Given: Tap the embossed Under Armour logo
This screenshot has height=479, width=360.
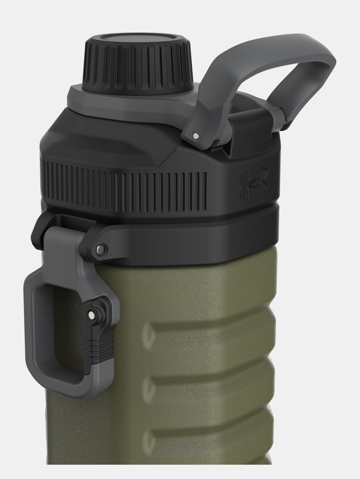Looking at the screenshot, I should click(x=254, y=182).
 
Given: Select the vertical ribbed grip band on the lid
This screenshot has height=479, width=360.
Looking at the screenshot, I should click(x=126, y=187).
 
